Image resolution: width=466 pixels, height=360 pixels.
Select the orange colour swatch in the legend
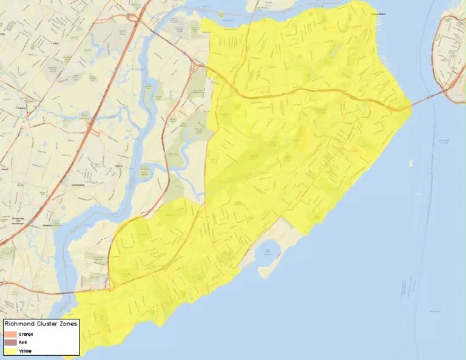tap(10, 334)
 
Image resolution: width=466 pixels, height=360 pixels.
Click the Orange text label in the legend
tap(25, 334)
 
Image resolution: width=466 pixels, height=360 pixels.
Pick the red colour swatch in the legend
tap(10, 342)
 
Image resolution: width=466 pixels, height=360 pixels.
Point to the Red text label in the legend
tap(22, 342)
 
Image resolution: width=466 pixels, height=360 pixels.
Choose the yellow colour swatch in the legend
tap(10, 351)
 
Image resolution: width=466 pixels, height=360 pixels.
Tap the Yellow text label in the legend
tap(25, 351)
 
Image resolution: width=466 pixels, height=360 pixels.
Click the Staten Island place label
tap(362, 13)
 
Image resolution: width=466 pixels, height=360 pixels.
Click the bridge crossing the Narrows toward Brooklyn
tap(427, 99)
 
